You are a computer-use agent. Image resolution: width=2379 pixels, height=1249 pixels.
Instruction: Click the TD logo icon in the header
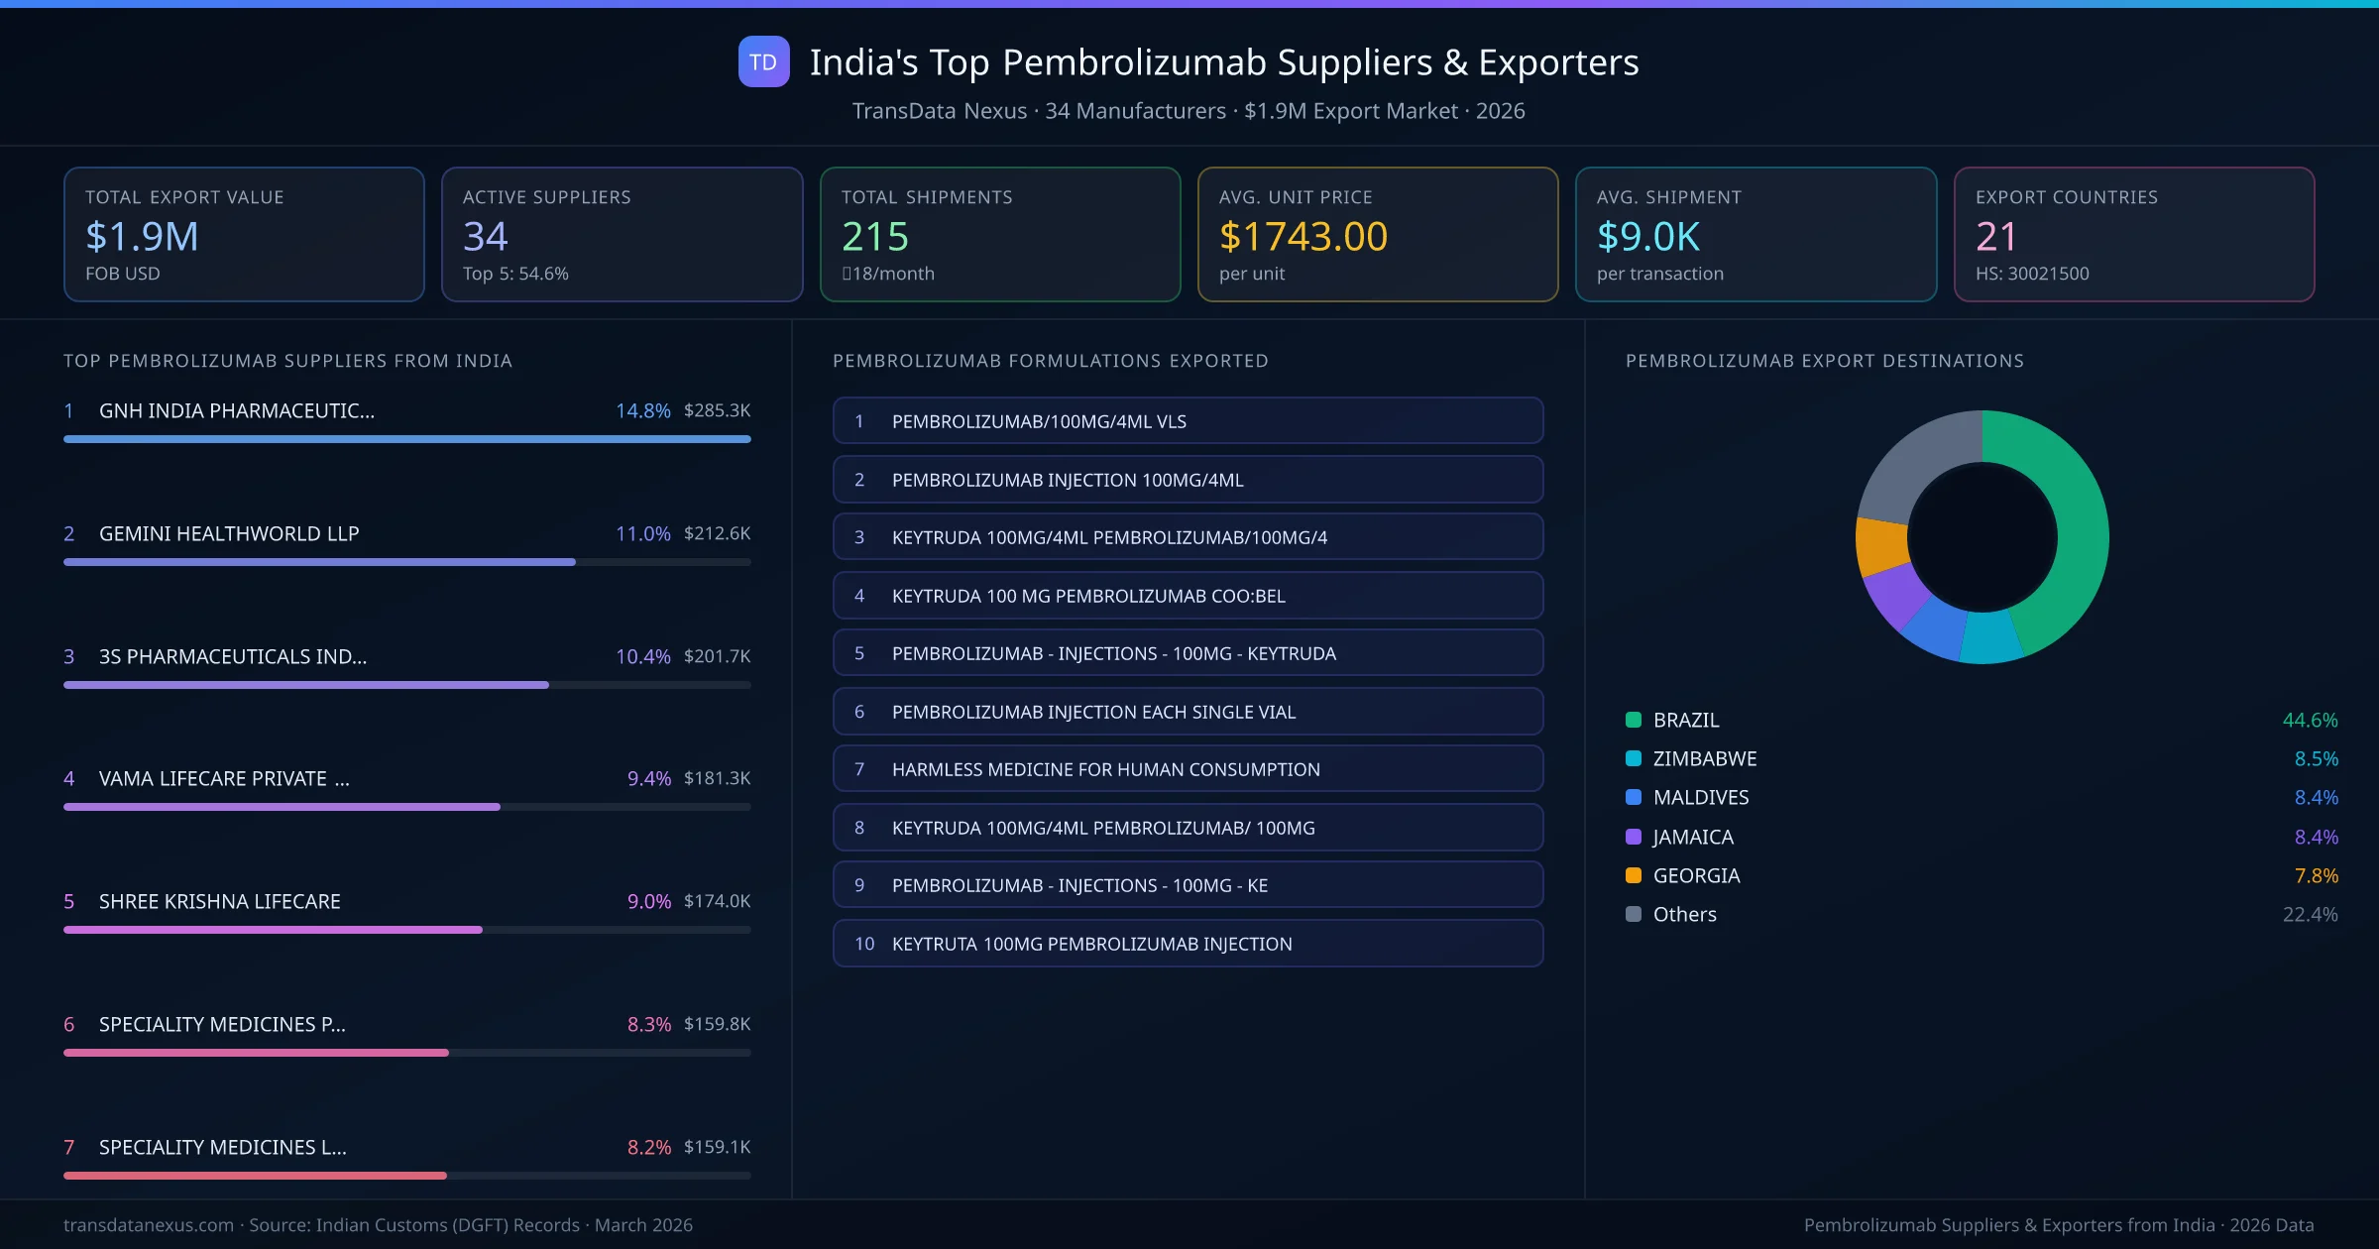click(x=763, y=62)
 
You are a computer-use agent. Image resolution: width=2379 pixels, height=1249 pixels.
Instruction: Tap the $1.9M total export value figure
click(x=142, y=237)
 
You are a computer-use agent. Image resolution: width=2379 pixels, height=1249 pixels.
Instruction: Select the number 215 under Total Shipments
click(x=874, y=237)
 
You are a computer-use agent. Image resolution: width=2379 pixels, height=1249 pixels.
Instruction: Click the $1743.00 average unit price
click(x=1303, y=237)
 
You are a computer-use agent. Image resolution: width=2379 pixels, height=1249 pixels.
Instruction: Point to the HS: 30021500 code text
click(x=2031, y=274)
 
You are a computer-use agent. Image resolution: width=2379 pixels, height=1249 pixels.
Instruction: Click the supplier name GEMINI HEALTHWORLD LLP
click(x=229, y=533)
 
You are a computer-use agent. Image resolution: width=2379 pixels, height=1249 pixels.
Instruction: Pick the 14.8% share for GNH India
click(x=642, y=410)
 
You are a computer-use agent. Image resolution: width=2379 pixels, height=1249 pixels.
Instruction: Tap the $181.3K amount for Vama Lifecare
click(x=717, y=778)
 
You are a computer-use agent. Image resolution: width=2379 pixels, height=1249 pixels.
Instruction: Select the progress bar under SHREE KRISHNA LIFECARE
click(x=273, y=930)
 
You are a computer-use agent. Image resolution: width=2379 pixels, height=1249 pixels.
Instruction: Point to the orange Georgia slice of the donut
click(x=1880, y=546)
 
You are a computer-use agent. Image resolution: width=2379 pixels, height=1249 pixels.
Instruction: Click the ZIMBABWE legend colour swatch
click(x=1634, y=759)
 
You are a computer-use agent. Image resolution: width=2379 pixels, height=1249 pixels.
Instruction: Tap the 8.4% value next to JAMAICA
click(x=2316, y=838)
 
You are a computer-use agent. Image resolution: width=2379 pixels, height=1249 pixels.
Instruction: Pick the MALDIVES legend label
click(x=1700, y=798)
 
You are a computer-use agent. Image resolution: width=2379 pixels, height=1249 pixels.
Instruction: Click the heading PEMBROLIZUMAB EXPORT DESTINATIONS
click(x=1824, y=361)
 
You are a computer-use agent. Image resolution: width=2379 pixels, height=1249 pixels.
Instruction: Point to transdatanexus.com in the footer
click(x=149, y=1225)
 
